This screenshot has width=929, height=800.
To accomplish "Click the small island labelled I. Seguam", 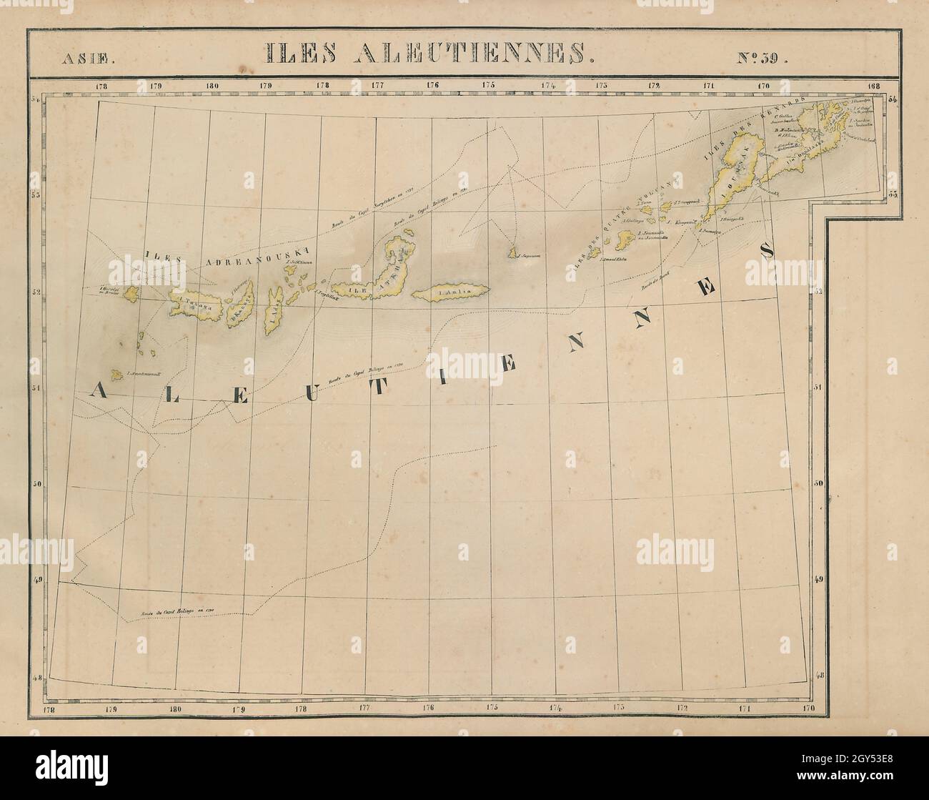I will point(513,252).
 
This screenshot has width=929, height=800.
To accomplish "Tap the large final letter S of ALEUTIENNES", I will point(767,250).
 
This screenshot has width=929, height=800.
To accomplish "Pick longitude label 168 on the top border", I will point(875,86).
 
